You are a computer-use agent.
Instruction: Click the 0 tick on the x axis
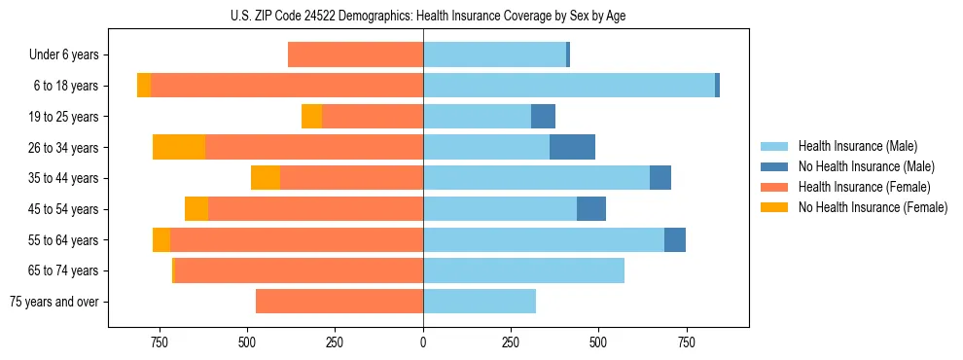[x=423, y=342]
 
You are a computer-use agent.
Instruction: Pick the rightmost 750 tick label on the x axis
[x=687, y=342]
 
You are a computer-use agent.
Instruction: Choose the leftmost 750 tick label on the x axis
[x=159, y=342]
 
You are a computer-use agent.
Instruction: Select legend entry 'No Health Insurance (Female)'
[x=873, y=207]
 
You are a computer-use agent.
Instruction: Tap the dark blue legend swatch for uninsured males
[x=775, y=166]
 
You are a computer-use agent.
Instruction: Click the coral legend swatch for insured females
[x=775, y=187]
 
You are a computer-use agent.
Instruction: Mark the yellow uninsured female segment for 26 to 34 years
[x=179, y=148]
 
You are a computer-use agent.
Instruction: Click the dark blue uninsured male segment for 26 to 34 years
[x=572, y=148]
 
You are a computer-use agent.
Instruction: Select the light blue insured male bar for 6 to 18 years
[x=569, y=86]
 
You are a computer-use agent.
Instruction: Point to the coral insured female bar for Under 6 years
[x=355, y=55]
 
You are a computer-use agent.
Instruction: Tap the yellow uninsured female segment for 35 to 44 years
[x=266, y=178]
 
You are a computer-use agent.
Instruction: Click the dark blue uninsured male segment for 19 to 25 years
[x=543, y=117]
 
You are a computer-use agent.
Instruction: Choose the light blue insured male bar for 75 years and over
[x=480, y=302]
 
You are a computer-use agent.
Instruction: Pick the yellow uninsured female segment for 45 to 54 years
[x=196, y=209]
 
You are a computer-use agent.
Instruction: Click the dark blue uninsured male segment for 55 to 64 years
[x=675, y=240]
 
